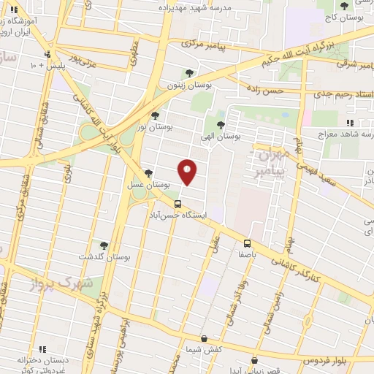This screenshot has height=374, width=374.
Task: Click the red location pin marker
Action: pos(188,172)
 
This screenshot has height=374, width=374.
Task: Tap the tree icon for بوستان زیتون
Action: pos(190,73)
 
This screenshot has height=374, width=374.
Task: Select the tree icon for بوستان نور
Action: pos(154,115)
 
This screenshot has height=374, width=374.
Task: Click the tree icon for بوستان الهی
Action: pos(221,124)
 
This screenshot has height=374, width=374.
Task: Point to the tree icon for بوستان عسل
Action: pos(149,173)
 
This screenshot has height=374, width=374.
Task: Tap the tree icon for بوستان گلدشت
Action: pos(103,245)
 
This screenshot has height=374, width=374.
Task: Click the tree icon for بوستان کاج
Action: pos(343,6)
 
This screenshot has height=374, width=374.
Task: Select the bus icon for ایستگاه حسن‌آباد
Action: pos(178,205)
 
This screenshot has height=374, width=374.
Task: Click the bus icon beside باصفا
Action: pos(247,243)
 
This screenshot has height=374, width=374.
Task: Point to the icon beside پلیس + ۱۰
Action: pos(47,54)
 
